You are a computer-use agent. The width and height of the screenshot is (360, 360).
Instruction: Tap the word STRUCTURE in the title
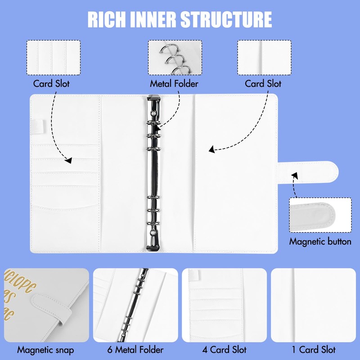click(226, 20)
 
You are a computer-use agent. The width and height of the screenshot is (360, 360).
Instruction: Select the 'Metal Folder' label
click(174, 84)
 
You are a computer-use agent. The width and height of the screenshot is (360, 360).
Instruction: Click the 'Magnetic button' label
click(320, 242)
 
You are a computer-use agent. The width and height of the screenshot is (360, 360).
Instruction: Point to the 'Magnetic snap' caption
click(45, 350)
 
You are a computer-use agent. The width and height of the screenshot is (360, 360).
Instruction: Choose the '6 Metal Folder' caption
click(135, 350)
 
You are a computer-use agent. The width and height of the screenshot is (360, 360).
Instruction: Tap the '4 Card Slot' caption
click(225, 350)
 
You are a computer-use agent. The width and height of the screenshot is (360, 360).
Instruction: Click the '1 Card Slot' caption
click(314, 350)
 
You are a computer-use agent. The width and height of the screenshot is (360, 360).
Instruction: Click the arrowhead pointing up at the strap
click(295, 175)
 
